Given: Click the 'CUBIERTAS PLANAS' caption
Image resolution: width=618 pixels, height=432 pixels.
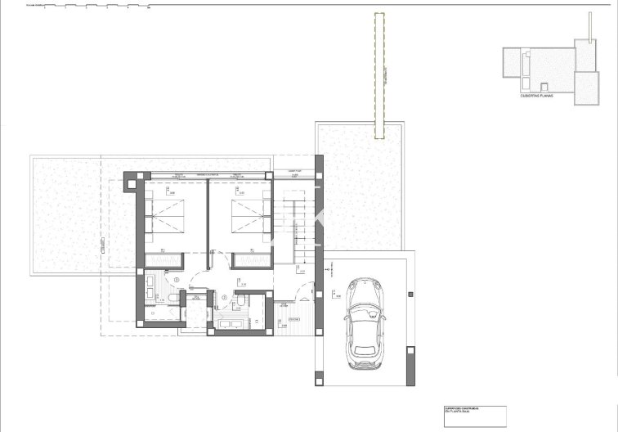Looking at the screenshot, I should pos(537,96).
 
